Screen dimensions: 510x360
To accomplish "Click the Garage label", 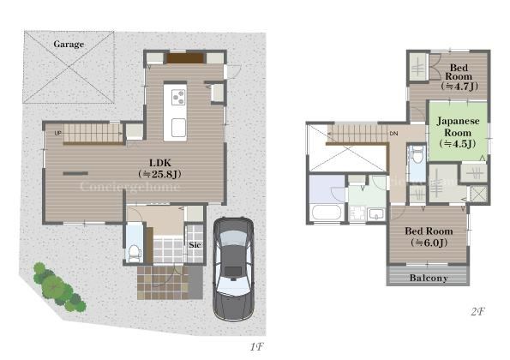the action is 69,44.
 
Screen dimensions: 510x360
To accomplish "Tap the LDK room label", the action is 159,169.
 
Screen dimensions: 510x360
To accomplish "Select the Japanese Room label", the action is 458,132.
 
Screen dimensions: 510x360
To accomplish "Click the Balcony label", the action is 429,278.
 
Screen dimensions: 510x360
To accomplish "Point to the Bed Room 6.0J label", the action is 429,237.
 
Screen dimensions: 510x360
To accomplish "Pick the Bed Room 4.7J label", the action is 459,77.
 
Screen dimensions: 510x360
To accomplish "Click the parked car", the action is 233,269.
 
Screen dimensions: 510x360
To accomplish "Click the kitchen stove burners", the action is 178,98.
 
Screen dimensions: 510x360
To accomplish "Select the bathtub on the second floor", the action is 327,213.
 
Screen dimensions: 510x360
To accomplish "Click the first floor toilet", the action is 134,254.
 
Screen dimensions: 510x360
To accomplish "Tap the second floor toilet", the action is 417,154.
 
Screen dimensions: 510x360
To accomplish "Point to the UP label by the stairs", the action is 58,133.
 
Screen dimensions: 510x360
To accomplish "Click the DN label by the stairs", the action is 393,134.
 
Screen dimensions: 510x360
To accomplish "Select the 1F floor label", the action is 256,346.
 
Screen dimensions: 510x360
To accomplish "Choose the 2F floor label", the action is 477,312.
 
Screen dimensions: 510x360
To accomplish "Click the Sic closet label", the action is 195,244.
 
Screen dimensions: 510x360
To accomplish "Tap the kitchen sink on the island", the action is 178,128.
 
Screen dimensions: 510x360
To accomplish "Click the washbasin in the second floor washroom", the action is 376,214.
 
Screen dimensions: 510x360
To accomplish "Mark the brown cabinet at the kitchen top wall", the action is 185,58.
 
